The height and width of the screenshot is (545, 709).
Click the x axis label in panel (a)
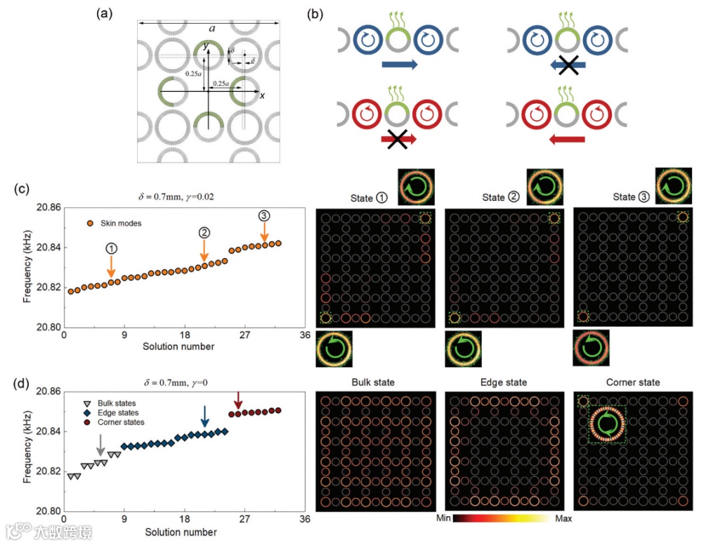pos(262,96)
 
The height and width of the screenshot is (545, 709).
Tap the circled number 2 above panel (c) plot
pos(204,233)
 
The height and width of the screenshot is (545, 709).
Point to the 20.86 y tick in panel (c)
pos(49,207)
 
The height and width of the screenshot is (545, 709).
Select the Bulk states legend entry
pos(112,403)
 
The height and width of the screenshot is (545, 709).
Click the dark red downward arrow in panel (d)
pos(238,399)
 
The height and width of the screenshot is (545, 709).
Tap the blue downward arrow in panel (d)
pos(205,416)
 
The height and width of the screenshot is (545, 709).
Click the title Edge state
pos(504,382)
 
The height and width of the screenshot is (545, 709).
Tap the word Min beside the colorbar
pos(443,518)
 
